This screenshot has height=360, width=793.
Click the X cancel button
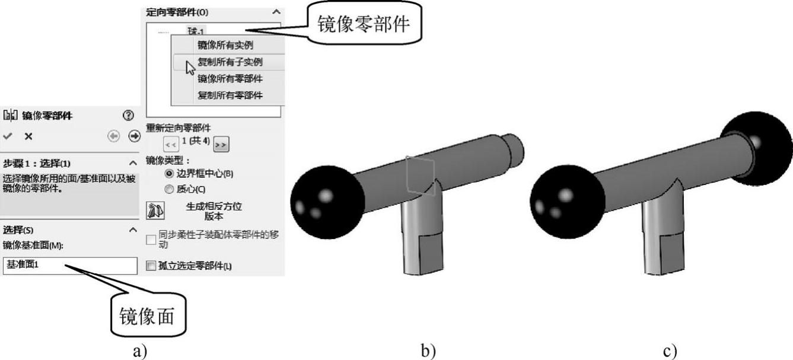(28, 136)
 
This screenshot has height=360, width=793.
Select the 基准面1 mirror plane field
(70, 265)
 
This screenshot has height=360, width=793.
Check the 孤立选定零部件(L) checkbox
(150, 266)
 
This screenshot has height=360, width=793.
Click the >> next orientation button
(221, 144)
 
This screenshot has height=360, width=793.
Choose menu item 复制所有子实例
(230, 62)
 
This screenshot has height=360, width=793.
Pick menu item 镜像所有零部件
(230, 78)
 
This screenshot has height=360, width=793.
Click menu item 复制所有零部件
(230, 95)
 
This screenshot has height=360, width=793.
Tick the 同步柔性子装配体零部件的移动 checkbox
(151, 239)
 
